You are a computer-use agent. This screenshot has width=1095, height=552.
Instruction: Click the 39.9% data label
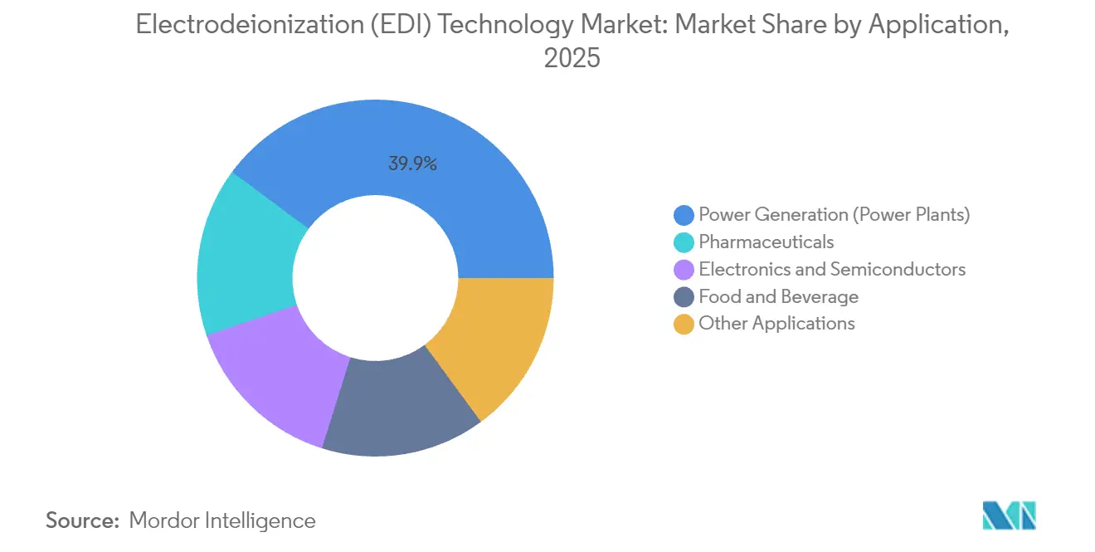click(412, 164)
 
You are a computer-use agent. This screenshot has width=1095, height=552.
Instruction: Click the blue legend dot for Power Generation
click(684, 215)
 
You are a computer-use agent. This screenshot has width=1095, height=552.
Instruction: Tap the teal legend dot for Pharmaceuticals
click(684, 242)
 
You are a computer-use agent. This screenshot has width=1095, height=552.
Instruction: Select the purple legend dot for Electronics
click(684, 270)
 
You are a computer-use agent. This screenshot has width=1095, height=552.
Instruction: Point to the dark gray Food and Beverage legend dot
click(684, 297)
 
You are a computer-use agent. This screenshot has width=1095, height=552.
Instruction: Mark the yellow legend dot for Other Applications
click(684, 325)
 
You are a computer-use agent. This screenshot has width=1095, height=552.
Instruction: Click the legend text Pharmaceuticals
click(766, 242)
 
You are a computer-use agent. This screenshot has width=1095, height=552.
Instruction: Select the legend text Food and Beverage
click(778, 296)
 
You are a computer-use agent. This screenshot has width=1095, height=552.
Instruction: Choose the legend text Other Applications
click(776, 324)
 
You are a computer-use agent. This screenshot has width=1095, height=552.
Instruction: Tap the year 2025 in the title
click(572, 59)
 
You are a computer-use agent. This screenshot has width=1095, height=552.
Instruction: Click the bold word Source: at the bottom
click(83, 520)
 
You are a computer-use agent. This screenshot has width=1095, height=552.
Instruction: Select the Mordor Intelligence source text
click(222, 520)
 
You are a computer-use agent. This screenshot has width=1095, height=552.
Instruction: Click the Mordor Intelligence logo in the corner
click(1009, 515)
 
